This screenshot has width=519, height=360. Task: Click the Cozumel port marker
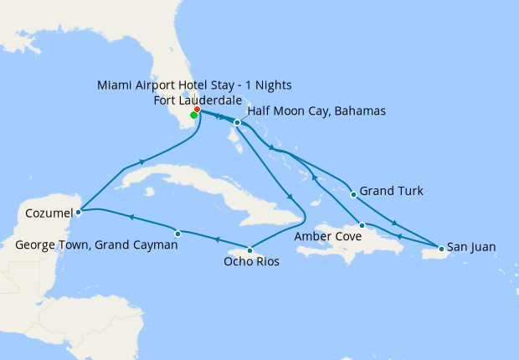click(78, 213)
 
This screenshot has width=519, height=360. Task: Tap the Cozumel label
click(49, 213)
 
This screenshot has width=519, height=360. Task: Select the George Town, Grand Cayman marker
click(177, 234)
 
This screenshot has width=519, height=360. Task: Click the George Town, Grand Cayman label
click(97, 245)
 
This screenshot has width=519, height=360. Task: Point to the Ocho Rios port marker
click(249, 249)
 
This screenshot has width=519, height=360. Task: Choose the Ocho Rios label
click(251, 262)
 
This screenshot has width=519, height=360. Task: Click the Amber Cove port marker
click(361, 225)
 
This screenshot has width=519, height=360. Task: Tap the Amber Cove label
click(329, 237)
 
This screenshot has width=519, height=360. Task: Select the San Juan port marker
click(440, 248)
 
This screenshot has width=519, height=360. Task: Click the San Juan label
click(471, 247)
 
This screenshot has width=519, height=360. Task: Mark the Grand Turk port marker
click(353, 194)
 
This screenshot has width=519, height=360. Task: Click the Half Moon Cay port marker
click(238, 123)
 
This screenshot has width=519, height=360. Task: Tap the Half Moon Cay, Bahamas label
click(316, 111)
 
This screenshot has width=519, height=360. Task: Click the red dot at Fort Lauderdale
click(197, 110)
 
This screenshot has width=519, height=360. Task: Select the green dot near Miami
click(193, 116)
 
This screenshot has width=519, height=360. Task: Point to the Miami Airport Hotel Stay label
click(194, 85)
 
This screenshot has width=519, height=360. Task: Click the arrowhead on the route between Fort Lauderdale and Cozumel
click(141, 162)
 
